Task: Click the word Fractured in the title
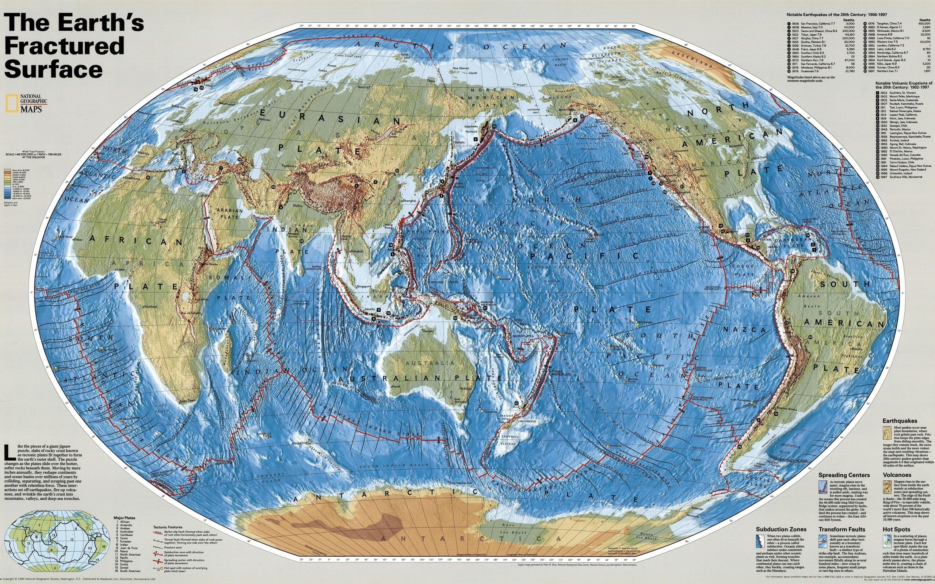click(65, 46)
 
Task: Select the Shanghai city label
click(409, 201)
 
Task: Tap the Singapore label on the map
click(364, 287)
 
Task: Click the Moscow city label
click(265, 119)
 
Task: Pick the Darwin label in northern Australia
click(428, 331)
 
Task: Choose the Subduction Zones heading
click(781, 529)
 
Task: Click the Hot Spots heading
click(896, 529)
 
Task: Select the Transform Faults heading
click(841, 529)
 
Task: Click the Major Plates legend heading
click(125, 518)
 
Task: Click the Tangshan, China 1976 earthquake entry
click(889, 24)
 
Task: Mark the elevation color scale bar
click(7, 184)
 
